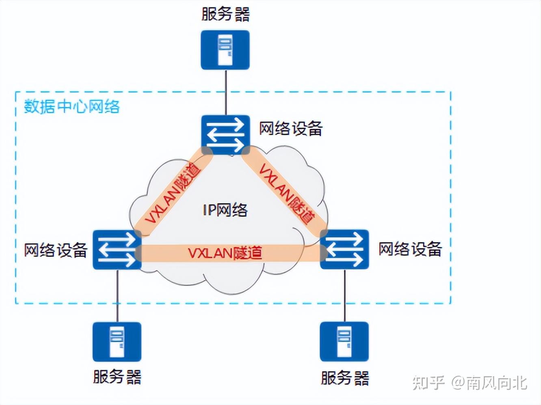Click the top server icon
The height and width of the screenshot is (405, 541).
click(x=225, y=50)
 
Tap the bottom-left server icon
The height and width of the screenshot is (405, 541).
click(x=117, y=342)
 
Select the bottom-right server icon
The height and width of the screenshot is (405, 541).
click(x=344, y=342)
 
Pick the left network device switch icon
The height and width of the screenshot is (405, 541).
click(x=117, y=250)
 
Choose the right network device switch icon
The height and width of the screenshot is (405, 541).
click(x=344, y=250)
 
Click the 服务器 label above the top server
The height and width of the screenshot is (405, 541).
click(x=225, y=14)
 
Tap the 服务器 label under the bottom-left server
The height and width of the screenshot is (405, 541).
click(x=117, y=377)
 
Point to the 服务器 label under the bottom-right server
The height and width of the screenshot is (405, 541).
click(x=345, y=377)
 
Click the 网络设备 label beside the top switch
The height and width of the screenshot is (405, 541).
click(x=291, y=129)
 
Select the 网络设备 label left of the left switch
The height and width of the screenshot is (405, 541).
click(x=56, y=250)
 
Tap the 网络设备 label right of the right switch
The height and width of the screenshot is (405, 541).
click(x=410, y=249)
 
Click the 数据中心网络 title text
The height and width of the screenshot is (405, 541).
click(x=72, y=106)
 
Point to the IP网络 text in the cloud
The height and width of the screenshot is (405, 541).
click(x=225, y=210)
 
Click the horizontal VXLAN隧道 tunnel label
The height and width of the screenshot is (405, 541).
click(x=225, y=253)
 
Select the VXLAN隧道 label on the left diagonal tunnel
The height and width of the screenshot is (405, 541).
click(x=173, y=193)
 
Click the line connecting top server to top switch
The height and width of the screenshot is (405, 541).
click(x=225, y=92)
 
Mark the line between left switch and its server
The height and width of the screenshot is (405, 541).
click(x=117, y=295)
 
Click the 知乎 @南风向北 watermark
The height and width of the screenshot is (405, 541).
click(x=470, y=383)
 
